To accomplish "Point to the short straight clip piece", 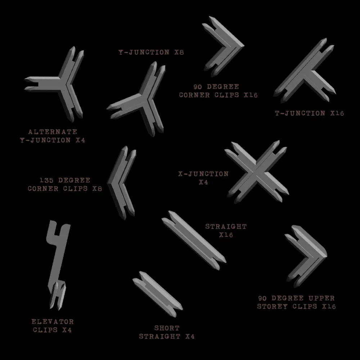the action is (158, 294).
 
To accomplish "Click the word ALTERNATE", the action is (53, 132).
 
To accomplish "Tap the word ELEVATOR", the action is (53, 321).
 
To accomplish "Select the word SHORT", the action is (167, 328).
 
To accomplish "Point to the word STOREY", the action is (272, 306).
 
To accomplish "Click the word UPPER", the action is (321, 298).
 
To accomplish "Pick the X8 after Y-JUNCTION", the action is (179, 52).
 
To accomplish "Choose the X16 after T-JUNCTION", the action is (337, 113).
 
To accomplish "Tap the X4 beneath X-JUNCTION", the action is (203, 182).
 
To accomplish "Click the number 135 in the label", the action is (46, 180).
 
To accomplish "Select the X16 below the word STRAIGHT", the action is (226, 235).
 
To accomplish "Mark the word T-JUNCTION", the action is (300, 113).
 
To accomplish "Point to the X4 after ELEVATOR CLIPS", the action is (67, 330).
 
